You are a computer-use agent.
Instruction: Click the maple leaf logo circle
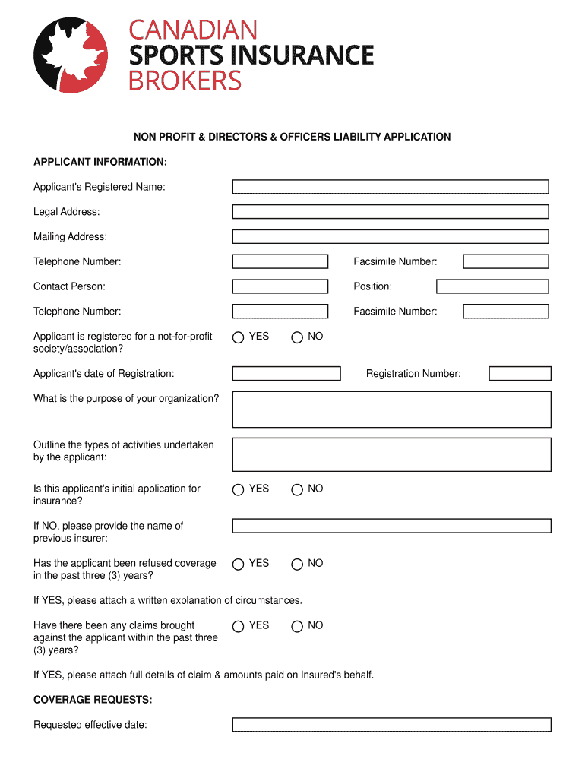click(70, 55)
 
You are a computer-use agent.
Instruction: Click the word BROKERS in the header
click(185, 81)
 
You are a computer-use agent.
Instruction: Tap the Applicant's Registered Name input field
click(390, 187)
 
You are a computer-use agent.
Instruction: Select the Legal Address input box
click(390, 212)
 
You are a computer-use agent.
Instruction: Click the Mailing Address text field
click(390, 237)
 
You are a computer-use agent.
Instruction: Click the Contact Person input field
click(280, 286)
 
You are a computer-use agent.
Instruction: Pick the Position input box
click(492, 286)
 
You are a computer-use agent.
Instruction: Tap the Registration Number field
click(520, 374)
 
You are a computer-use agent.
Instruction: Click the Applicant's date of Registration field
click(286, 374)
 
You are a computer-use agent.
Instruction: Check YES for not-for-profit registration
click(239, 337)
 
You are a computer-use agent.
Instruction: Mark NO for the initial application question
click(297, 489)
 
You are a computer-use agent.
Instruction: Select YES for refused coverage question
click(239, 564)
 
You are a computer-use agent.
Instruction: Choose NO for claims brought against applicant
click(297, 626)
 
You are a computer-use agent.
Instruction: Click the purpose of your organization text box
click(391, 410)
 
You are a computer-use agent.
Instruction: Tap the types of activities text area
click(391, 454)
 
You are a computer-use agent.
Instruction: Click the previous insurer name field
click(391, 526)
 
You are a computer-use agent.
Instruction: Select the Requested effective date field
click(391, 725)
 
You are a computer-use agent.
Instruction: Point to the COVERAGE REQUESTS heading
click(93, 700)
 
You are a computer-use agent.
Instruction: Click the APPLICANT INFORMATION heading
click(100, 162)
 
